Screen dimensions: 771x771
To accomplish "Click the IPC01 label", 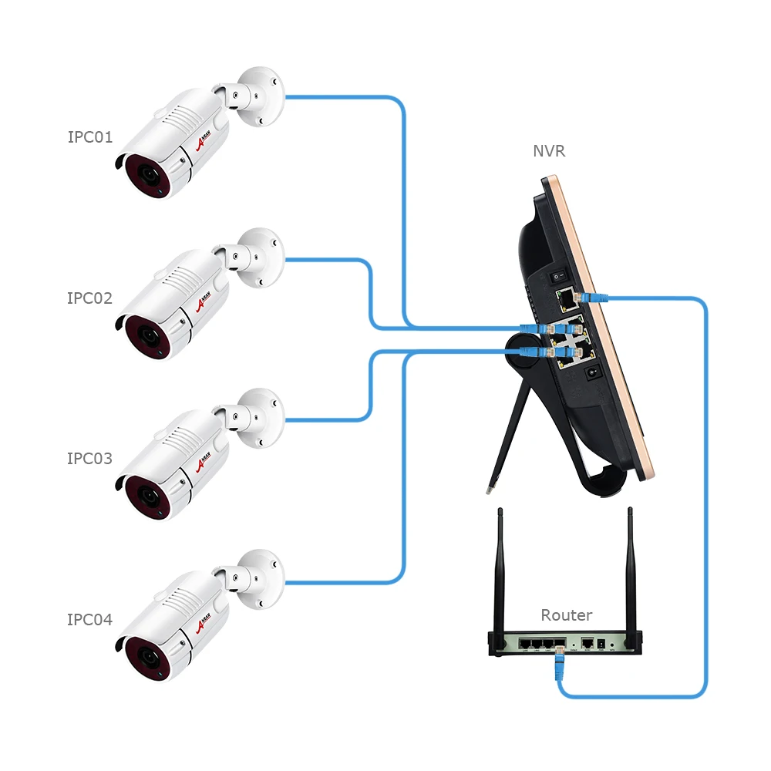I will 90,137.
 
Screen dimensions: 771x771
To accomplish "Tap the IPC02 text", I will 90,298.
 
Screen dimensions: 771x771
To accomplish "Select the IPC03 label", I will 90,459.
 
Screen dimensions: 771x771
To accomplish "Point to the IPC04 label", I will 90,619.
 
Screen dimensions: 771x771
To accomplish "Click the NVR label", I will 549,151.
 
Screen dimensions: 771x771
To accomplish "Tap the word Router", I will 567,615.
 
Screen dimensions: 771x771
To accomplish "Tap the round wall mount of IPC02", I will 258,258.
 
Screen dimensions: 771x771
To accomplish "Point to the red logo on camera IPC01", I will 204,144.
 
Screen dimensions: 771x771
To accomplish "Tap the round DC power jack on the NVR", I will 594,373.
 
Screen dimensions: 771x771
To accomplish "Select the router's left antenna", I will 500,571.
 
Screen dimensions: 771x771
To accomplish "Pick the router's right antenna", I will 631,571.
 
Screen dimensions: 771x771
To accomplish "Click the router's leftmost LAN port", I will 524,642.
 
